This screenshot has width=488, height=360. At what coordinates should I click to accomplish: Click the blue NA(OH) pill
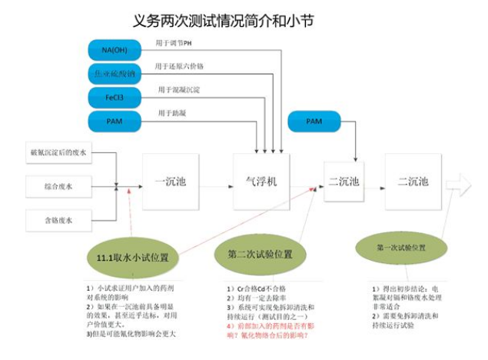click(x=114, y=50)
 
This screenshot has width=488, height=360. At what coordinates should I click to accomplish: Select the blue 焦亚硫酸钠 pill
click(x=114, y=74)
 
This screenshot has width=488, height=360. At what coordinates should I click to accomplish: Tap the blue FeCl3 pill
click(x=114, y=98)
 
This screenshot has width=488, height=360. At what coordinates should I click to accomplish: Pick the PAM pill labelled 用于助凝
click(x=114, y=122)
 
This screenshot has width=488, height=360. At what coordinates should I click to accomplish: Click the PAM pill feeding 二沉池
click(x=314, y=122)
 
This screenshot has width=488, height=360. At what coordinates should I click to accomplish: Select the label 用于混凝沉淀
click(x=181, y=90)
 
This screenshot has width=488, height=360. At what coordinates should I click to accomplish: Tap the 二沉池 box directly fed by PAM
click(x=344, y=182)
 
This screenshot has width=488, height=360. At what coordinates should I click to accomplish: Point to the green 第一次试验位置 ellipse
click(x=400, y=248)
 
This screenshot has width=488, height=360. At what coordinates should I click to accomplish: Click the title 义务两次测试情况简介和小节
click(x=224, y=18)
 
